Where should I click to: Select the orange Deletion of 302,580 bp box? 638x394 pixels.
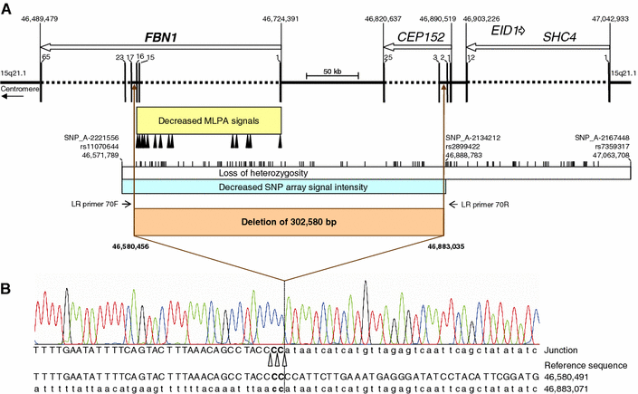click(288, 219)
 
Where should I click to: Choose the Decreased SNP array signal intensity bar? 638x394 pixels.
click(288, 187)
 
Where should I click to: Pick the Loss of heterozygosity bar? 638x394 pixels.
click(288, 172)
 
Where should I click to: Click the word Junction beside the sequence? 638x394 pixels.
click(570, 350)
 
